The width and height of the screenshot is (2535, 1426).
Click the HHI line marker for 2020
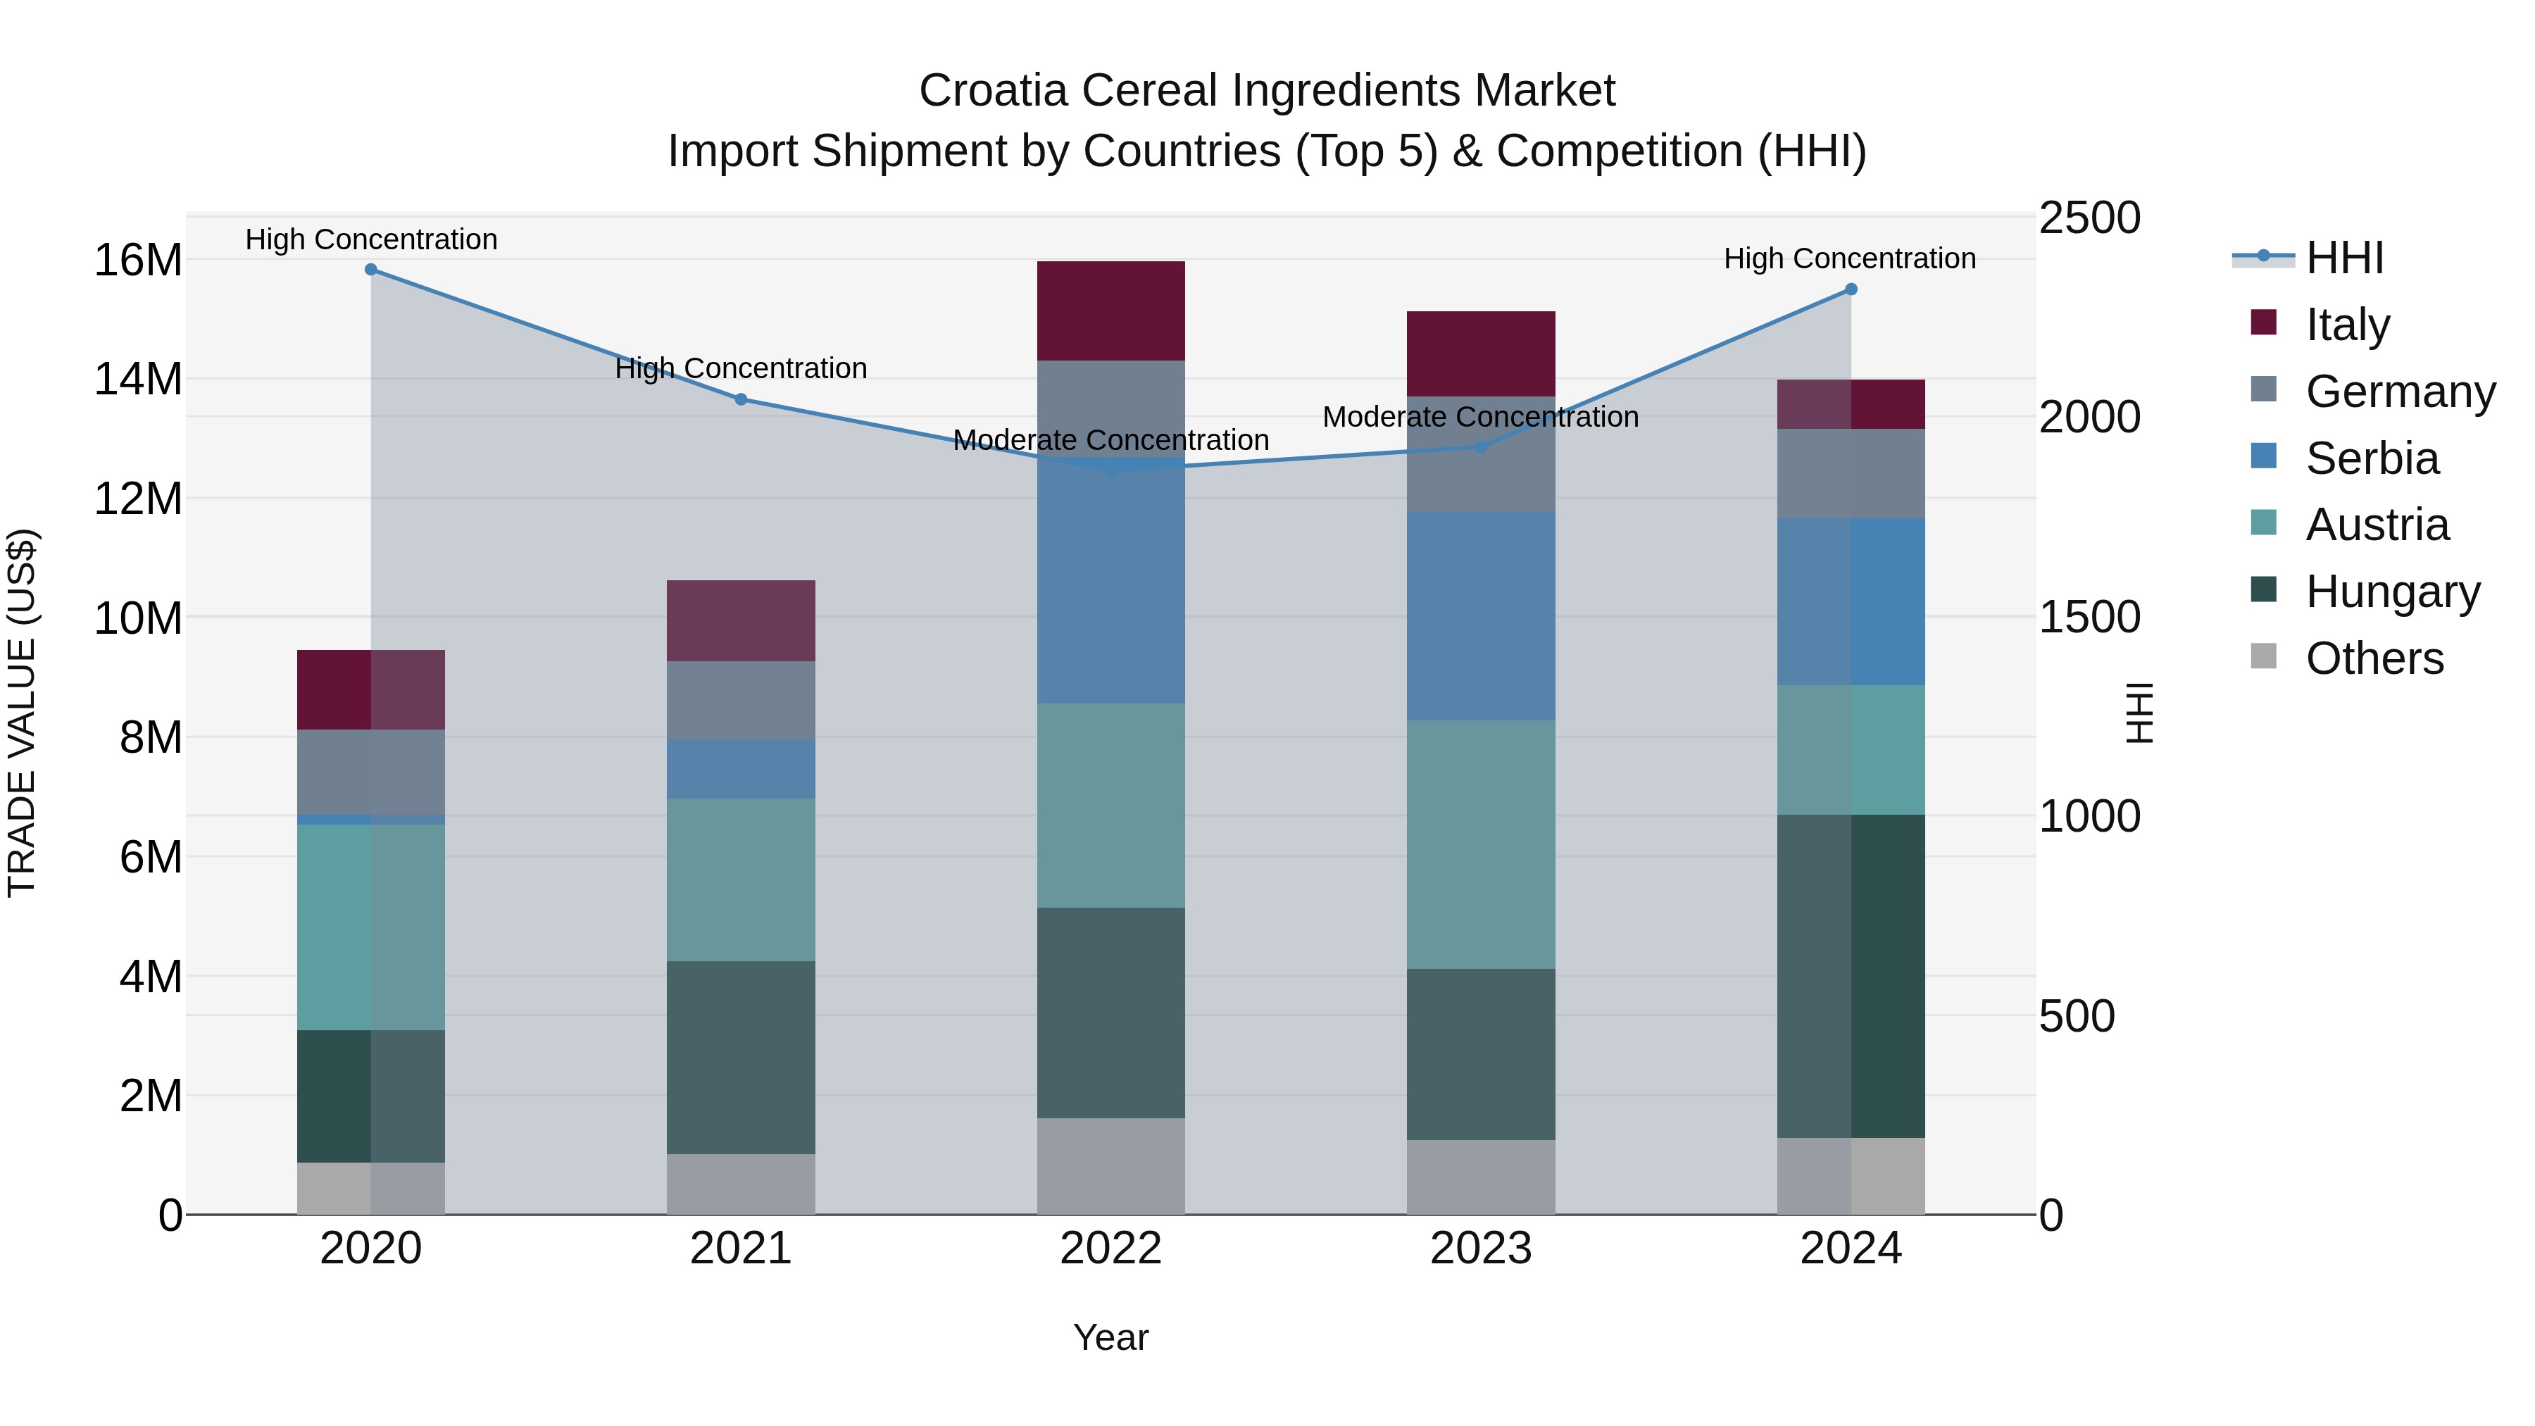pyautogui.click(x=371, y=270)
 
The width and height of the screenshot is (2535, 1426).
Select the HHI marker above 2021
pyautogui.click(x=741, y=399)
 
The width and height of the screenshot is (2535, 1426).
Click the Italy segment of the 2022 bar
pyautogui.click(x=1111, y=311)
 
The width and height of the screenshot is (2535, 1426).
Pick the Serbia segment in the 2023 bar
pyautogui.click(x=1481, y=616)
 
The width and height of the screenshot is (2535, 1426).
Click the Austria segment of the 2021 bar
pyautogui.click(x=741, y=880)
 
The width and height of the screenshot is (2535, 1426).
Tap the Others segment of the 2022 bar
pyautogui.click(x=1111, y=1166)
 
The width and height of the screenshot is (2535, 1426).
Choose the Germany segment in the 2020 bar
pyautogui.click(x=371, y=773)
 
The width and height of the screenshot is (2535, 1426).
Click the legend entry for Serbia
pyautogui.click(x=2372, y=458)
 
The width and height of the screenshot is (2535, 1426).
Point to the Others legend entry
pyautogui.click(x=2374, y=658)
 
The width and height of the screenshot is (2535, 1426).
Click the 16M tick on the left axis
pyautogui.click(x=138, y=261)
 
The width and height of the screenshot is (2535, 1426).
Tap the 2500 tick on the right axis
pyautogui.click(x=2089, y=218)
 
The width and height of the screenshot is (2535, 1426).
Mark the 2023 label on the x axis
pyautogui.click(x=1481, y=1249)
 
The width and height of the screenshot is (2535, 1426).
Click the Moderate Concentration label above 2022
pyautogui.click(x=1111, y=440)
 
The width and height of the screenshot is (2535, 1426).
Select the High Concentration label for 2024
pyautogui.click(x=1850, y=259)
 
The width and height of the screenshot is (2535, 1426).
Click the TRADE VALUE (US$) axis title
pyautogui.click(x=22, y=713)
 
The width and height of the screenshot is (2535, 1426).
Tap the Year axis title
pyautogui.click(x=1111, y=1337)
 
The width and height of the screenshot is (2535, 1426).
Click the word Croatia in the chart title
pyautogui.click(x=993, y=91)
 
